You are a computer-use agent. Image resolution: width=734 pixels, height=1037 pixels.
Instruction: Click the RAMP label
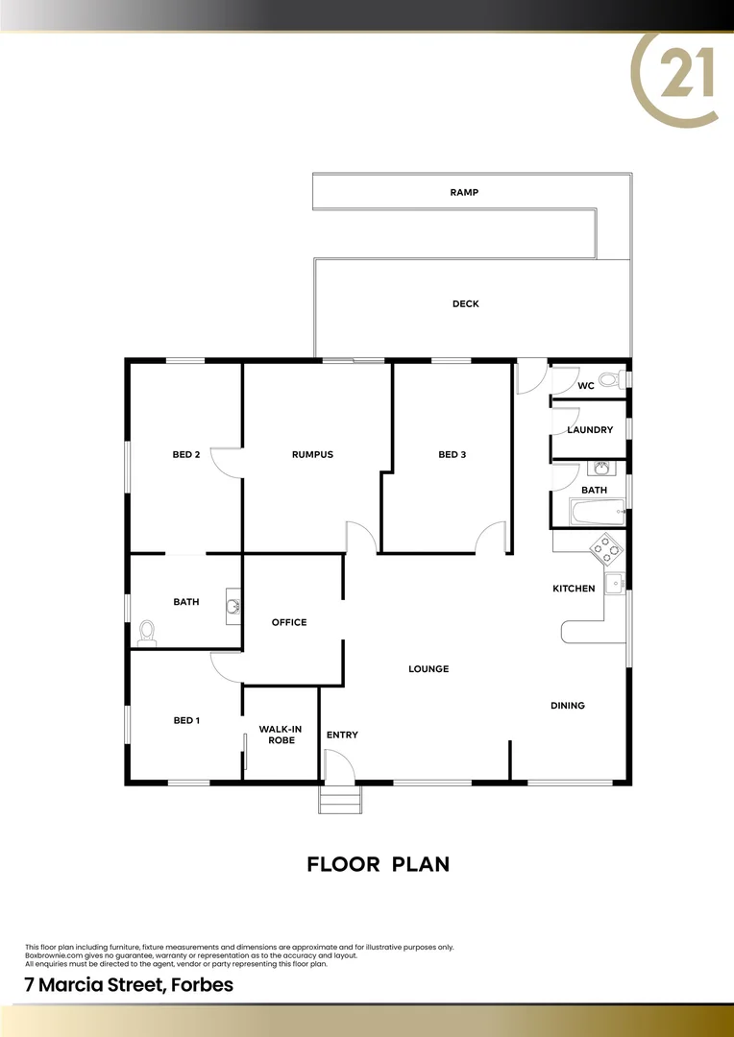[464, 193]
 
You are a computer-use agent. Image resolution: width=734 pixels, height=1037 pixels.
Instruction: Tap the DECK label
[465, 304]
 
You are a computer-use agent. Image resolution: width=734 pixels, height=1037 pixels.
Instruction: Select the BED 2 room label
[185, 455]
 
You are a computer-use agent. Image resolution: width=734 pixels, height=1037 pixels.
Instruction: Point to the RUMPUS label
[312, 455]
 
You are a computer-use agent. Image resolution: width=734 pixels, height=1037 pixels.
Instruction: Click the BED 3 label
[452, 455]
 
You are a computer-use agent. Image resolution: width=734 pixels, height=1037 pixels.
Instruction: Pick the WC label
[586, 386]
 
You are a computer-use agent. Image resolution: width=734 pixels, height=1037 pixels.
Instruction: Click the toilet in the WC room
[609, 380]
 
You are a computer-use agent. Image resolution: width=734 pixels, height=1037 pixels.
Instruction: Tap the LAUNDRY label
[590, 430]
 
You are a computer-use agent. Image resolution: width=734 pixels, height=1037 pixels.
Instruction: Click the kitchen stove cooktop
[606, 548]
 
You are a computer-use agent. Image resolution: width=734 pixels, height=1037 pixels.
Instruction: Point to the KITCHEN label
[574, 589]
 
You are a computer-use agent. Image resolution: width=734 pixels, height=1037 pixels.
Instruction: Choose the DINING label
[568, 706]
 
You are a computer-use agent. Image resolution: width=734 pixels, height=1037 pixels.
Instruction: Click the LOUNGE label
[428, 669]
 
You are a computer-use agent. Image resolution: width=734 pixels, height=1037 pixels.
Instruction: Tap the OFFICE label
[289, 622]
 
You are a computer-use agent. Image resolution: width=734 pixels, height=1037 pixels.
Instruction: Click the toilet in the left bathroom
[147, 632]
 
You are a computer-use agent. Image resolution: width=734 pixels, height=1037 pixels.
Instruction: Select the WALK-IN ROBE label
[280, 735]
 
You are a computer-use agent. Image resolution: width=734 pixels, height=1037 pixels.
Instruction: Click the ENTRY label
[342, 736]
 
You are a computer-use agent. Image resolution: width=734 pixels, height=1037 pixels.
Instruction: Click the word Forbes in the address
[200, 985]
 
